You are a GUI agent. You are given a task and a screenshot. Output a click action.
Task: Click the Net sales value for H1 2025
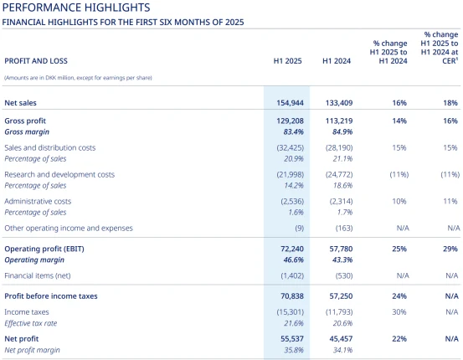(x=290, y=103)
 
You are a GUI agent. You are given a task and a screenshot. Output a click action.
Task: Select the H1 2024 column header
(x=337, y=61)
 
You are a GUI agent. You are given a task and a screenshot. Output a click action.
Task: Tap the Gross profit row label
(x=25, y=121)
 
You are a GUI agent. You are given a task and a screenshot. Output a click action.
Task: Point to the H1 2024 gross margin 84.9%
(x=342, y=131)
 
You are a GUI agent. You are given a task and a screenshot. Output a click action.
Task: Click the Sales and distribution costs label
(x=50, y=147)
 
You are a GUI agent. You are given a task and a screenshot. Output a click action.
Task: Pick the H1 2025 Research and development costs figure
(x=291, y=174)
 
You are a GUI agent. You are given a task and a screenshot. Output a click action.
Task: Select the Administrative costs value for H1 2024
(x=341, y=202)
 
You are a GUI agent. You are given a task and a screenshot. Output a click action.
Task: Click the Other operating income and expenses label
(x=69, y=228)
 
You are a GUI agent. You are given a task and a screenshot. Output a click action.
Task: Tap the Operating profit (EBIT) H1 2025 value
(x=292, y=249)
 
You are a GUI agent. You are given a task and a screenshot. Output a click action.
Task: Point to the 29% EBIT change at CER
(x=450, y=249)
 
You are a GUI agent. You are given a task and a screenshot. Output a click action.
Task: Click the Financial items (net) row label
(x=38, y=275)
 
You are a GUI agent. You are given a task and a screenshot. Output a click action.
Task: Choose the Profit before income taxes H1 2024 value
(x=341, y=296)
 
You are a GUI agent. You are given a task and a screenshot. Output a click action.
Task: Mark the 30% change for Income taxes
(x=399, y=312)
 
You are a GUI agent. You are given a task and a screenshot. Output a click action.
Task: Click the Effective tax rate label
(x=31, y=323)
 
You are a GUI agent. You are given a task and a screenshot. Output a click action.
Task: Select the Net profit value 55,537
(x=292, y=339)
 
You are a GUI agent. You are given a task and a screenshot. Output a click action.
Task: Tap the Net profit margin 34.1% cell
(x=342, y=350)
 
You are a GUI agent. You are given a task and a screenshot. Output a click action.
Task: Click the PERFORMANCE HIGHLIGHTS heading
(x=76, y=8)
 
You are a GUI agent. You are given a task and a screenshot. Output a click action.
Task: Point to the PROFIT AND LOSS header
(x=36, y=61)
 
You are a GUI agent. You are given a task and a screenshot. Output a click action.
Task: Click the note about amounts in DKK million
(x=78, y=78)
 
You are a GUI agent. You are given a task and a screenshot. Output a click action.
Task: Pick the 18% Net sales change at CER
(x=450, y=103)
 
